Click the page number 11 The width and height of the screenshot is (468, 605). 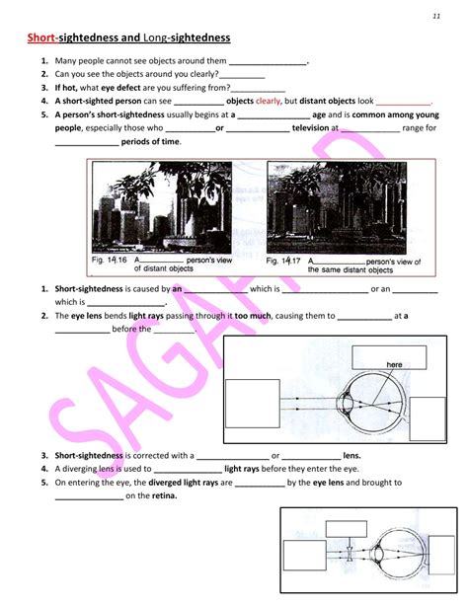tap(435, 17)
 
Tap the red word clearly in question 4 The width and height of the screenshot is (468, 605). tap(268, 101)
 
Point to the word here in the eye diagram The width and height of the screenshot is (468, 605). tap(395, 364)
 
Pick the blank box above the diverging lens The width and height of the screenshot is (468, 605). tap(346, 530)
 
